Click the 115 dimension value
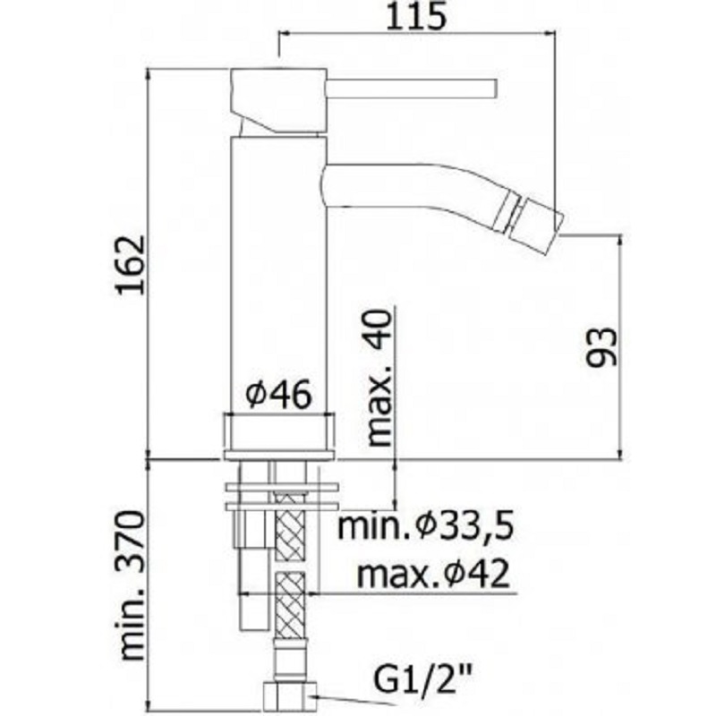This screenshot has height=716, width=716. (415, 16)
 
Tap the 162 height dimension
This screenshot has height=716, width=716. (130, 265)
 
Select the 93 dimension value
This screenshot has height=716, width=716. (601, 347)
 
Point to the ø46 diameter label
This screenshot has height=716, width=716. (278, 394)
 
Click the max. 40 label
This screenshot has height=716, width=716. (379, 378)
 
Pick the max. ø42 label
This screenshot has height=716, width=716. (432, 574)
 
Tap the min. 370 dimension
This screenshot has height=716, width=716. (132, 586)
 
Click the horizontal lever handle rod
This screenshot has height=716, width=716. (412, 88)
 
